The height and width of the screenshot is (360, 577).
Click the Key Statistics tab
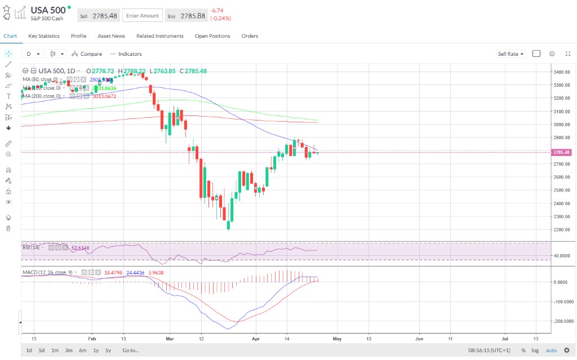coord(44,36)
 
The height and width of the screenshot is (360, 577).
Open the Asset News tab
coord(111,36)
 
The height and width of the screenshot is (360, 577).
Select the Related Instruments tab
coord(159,36)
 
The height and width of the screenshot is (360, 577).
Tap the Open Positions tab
coord(212,36)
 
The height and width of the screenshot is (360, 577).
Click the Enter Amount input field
coord(143,16)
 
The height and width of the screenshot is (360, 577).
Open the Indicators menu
coord(126,54)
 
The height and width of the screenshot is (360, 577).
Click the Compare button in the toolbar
coord(87,54)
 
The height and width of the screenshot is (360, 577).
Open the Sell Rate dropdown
coord(510,54)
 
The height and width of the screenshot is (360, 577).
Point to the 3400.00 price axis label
coord(561,72)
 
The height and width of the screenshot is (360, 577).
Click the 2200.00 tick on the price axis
coord(561,230)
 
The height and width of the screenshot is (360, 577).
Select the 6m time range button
coord(82,350)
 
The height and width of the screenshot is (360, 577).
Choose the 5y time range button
coord(108,350)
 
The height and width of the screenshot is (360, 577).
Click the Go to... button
coord(130,350)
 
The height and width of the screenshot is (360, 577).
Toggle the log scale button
coord(535,350)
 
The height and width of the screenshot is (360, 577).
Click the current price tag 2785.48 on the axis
coord(562,152)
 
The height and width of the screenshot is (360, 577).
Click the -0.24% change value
coord(220,18)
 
